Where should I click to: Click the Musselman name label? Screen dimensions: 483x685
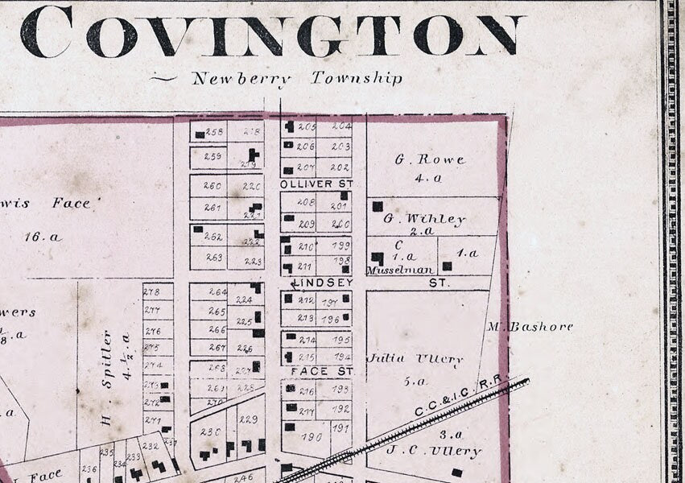point(400,270)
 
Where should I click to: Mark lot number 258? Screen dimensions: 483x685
point(214,132)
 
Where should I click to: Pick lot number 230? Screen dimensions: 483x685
point(210,432)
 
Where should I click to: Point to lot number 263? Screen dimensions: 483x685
point(214,258)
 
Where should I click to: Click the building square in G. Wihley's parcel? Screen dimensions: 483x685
point(377,206)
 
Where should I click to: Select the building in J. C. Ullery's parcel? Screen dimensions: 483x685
point(457,473)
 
